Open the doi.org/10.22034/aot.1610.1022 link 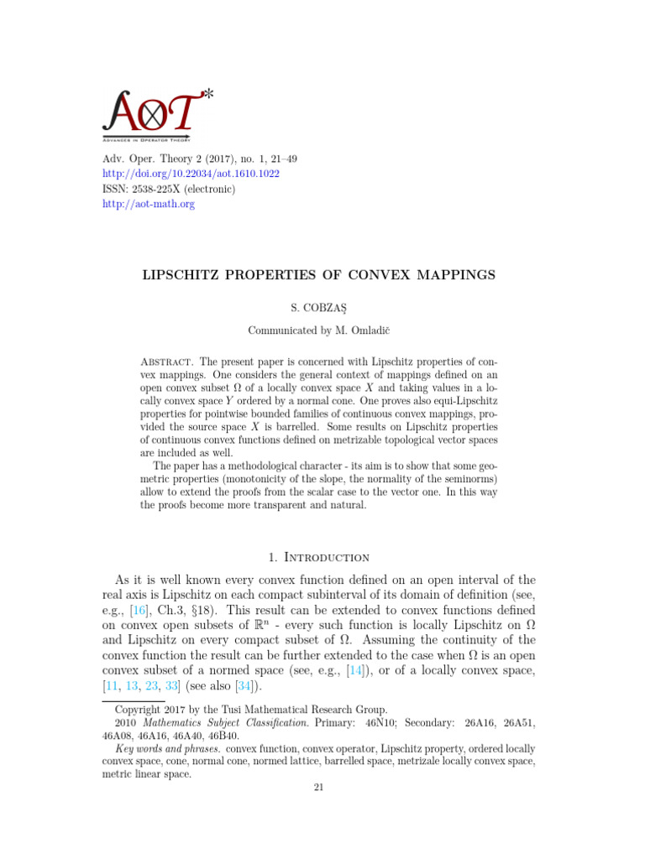[x=191, y=174]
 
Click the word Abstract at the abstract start [x=165, y=362]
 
